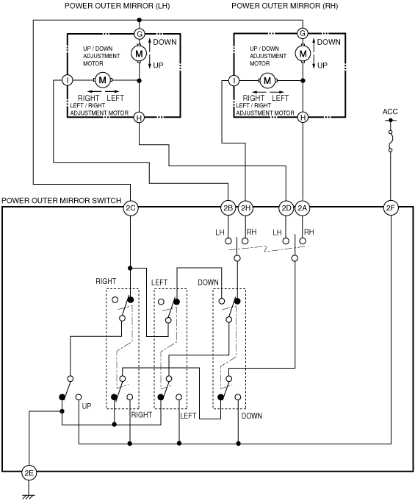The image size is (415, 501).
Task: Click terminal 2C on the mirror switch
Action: point(130,208)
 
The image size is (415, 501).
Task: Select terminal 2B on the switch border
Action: point(228,208)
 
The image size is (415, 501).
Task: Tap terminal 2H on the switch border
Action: point(245,208)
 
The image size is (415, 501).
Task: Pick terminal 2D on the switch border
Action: point(286,208)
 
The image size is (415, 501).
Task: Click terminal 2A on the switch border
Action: point(302,208)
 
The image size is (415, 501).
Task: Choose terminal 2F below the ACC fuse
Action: point(391,208)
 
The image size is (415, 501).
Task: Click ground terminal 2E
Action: point(29,473)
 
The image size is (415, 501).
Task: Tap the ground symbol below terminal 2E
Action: point(29,496)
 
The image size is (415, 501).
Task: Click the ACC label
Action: point(390,112)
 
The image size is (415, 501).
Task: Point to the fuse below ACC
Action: point(391,141)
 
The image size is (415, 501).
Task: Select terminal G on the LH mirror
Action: point(139,34)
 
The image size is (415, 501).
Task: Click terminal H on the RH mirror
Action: point(303,118)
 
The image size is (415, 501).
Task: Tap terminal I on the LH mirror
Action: point(68,80)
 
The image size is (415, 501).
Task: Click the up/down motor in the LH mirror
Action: point(139,54)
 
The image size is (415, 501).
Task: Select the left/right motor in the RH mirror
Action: point(267,80)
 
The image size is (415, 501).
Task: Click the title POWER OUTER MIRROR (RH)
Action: point(284,6)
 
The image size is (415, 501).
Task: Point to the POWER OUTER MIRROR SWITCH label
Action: point(62,200)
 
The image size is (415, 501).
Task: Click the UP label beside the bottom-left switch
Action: point(87,406)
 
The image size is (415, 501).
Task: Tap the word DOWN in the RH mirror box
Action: point(328,42)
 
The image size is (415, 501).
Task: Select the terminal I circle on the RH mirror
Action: point(234,80)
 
